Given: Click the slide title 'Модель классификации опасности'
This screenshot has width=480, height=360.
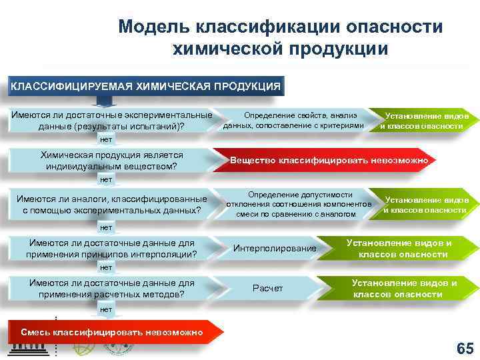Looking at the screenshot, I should [x=280, y=28].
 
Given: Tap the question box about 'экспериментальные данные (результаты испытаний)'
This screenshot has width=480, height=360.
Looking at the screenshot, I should [x=111, y=120].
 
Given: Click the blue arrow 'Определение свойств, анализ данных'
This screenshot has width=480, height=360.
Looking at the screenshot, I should [x=295, y=121].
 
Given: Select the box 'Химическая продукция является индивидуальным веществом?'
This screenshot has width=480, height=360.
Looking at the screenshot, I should [x=111, y=160].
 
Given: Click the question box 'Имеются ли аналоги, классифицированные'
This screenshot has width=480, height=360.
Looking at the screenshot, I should [x=111, y=205].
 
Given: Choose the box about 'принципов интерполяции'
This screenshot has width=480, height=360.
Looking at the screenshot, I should [x=111, y=249].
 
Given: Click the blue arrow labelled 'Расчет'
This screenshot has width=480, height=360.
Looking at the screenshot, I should [x=268, y=288].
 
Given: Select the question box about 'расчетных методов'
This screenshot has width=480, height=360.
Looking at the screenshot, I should [x=111, y=288].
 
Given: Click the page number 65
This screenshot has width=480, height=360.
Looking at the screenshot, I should [x=463, y=348].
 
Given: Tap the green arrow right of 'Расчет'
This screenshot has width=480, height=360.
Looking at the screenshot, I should [x=404, y=288].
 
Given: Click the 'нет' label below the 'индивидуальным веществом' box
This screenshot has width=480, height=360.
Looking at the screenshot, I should [x=105, y=180].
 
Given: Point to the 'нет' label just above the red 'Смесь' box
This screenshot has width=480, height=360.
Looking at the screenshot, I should [x=105, y=309].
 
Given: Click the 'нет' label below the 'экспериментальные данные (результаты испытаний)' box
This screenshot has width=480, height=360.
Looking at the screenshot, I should [x=105, y=140].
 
